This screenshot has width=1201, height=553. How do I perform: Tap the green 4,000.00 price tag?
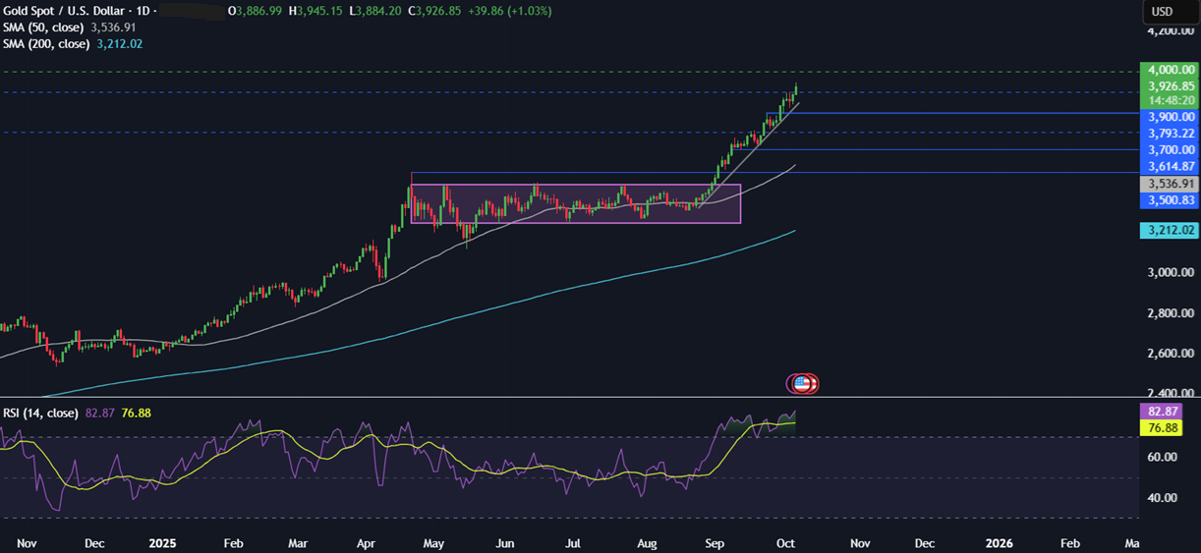(x=1169, y=70)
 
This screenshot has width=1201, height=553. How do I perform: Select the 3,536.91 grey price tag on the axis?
(x=1169, y=184)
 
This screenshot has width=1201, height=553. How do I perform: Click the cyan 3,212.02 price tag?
(x=1169, y=230)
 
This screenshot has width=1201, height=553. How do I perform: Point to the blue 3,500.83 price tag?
(x=1169, y=200)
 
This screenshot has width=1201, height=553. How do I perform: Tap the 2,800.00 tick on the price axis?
(x=1169, y=313)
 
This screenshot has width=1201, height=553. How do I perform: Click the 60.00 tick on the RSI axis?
(x=1163, y=457)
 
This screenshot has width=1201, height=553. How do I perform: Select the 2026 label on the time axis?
(x=999, y=542)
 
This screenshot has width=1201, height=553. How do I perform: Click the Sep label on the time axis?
(x=715, y=542)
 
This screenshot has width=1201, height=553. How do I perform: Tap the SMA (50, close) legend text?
(x=43, y=28)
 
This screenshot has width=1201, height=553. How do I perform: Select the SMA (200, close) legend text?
(x=46, y=44)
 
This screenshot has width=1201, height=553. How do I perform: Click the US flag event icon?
(x=803, y=383)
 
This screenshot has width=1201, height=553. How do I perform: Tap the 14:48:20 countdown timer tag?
(x=1169, y=100)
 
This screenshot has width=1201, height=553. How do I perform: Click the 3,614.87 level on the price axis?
(x=1169, y=166)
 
